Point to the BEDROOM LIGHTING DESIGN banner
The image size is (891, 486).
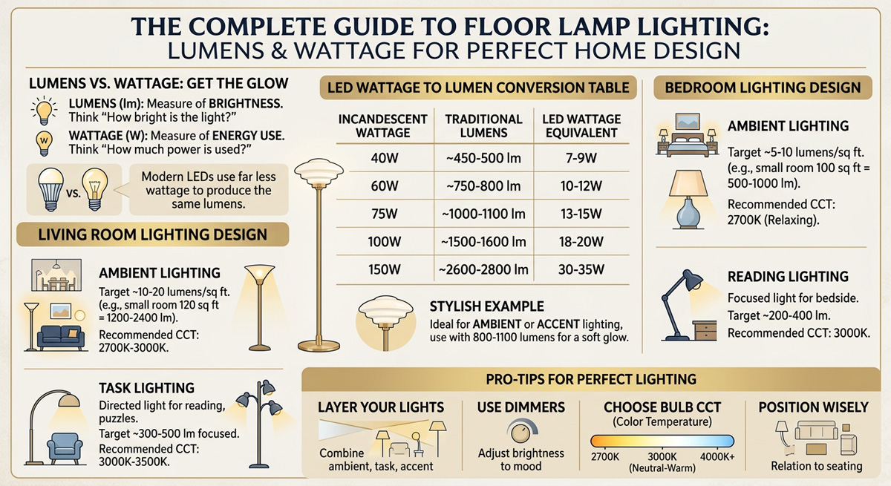763,88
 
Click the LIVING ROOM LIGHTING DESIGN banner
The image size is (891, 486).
153,235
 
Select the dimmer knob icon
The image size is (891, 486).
519,431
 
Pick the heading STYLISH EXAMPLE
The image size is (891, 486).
486,306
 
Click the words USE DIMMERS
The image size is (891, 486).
522,407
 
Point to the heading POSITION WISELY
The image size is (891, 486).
813,407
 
